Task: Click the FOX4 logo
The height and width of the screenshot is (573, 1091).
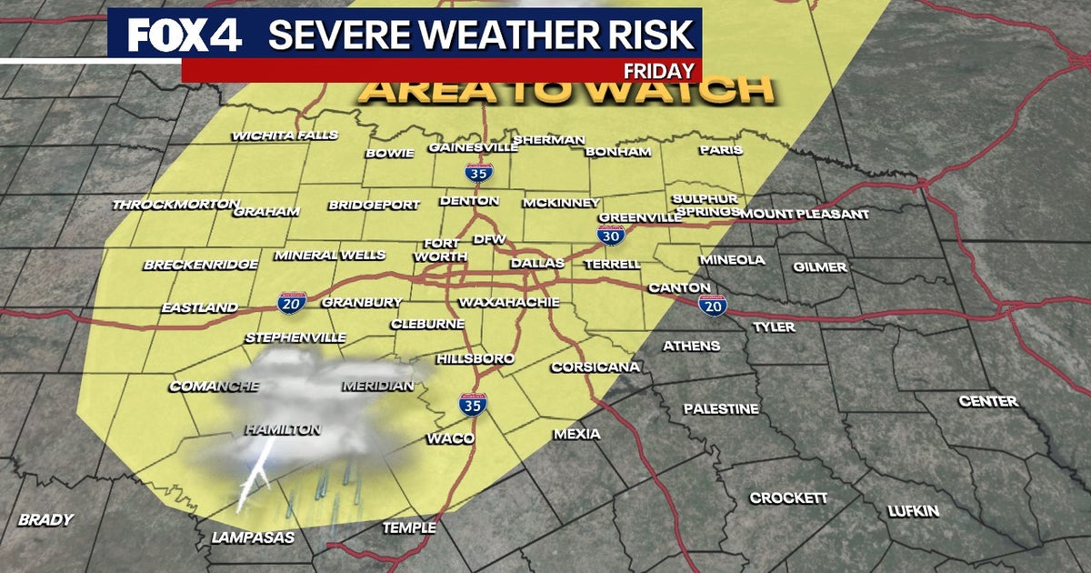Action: [x=184, y=35]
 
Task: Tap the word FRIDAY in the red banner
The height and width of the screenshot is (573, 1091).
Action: [x=661, y=71]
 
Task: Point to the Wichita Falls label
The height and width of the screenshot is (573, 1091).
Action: [x=285, y=136]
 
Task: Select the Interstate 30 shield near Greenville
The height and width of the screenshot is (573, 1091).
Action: [x=610, y=235]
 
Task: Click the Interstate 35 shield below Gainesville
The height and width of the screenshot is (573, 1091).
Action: [x=475, y=172]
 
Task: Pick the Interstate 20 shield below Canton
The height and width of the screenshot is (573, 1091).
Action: [x=713, y=305]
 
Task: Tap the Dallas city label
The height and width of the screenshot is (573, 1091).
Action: [x=537, y=263]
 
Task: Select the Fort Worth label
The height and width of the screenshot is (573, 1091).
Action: [x=440, y=250]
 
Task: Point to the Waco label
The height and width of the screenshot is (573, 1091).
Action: [x=451, y=439]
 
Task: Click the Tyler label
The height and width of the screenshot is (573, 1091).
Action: [x=774, y=327]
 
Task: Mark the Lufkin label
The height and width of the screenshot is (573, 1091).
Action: [x=914, y=511]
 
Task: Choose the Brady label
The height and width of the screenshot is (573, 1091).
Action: [x=45, y=520]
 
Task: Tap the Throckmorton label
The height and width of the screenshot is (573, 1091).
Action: [x=175, y=205]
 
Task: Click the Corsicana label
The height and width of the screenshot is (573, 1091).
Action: [x=596, y=367]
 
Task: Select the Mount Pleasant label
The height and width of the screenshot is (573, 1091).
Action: [x=805, y=215]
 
